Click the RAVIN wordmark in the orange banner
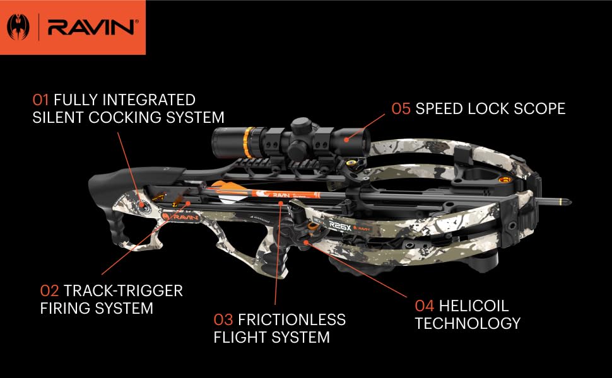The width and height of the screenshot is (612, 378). tap(91, 27)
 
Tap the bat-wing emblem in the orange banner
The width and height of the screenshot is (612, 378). tap(18, 27)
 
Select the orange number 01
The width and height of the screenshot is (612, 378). tap(40, 100)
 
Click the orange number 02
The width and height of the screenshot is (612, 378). tap(50, 290)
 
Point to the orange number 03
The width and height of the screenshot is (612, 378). tap(223, 320)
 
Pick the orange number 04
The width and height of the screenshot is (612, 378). tap(425, 306)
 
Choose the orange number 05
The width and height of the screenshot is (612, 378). tap(401, 109)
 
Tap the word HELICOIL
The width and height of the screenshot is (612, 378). tap(474, 306)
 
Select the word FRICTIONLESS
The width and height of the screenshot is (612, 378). tap(292, 320)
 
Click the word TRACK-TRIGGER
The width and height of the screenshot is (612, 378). tap(123, 290)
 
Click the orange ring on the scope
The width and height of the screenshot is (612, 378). tap(248, 142)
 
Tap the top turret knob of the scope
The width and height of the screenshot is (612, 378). tap(301, 125)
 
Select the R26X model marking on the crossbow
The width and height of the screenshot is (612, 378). tap(340, 225)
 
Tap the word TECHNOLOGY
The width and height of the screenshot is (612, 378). tap(468, 323)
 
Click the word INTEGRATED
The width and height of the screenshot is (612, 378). tap(124, 100)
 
